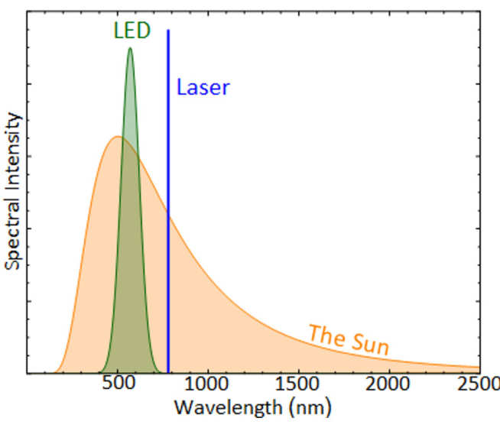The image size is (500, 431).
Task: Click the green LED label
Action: pyautogui.click(x=131, y=31)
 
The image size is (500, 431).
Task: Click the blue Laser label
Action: pyautogui.click(x=203, y=87)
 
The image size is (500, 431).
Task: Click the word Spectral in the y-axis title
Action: pyautogui.click(x=12, y=231)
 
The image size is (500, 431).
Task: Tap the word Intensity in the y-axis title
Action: pyautogui.click(x=12, y=148)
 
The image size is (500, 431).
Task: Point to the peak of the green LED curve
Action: pyautogui.click(x=130, y=48)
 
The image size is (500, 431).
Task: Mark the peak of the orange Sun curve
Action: pyautogui.click(x=116, y=137)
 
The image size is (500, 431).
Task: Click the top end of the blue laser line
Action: pyautogui.click(x=168, y=31)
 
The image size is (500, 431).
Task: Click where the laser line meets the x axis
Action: pyautogui.click(x=168, y=373)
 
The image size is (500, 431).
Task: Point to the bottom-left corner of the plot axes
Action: pyautogui.click(x=27, y=373)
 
